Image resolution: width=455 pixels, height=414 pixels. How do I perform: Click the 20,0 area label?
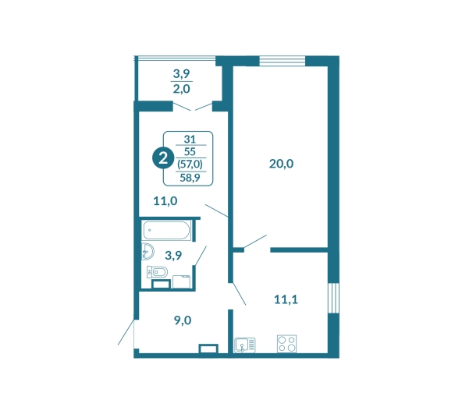281,164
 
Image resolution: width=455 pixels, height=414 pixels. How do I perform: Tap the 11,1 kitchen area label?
286,299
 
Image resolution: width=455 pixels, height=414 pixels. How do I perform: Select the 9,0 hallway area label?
183,320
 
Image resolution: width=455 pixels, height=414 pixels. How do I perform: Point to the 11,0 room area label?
165,201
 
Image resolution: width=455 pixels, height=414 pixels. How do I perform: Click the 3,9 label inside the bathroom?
173,256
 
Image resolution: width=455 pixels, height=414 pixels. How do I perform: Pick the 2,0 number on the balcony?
181,89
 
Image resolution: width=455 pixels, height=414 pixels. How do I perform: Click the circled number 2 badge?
163,158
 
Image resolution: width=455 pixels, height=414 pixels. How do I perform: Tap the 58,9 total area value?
190,178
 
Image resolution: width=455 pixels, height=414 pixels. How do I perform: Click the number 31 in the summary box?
190,139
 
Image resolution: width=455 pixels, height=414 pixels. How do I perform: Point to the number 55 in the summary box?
190,151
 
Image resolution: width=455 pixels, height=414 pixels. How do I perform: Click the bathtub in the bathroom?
166,230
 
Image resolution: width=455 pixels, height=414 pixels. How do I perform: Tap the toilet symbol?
157,272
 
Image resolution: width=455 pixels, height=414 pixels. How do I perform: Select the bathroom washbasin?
148,251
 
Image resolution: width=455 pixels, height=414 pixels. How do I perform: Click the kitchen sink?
245,345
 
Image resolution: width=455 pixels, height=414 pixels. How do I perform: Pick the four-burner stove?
286,344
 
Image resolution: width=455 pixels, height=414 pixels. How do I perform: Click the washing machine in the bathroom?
181,281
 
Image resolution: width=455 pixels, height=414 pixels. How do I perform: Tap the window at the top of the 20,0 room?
282,61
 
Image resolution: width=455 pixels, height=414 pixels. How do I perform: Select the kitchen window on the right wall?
334,298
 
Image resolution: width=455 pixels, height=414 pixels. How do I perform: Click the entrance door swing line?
126,332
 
